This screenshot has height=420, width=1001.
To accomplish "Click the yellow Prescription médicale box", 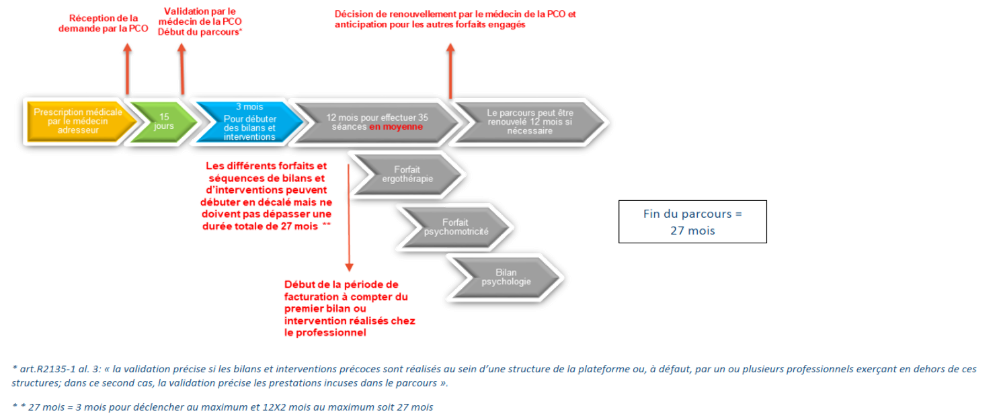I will (x=78, y=122).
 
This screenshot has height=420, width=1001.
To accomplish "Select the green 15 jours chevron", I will (x=162, y=122).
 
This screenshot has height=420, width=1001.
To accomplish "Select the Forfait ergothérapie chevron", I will (x=407, y=175).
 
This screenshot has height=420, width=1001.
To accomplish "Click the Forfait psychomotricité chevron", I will (x=455, y=226).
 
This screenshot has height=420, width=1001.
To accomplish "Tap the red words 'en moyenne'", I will (x=396, y=126).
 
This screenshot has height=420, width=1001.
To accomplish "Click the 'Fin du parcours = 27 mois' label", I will (x=692, y=222).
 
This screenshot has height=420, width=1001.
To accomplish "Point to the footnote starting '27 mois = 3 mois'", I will (x=222, y=407).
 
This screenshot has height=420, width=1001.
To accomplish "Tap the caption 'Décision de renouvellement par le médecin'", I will (x=455, y=19).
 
